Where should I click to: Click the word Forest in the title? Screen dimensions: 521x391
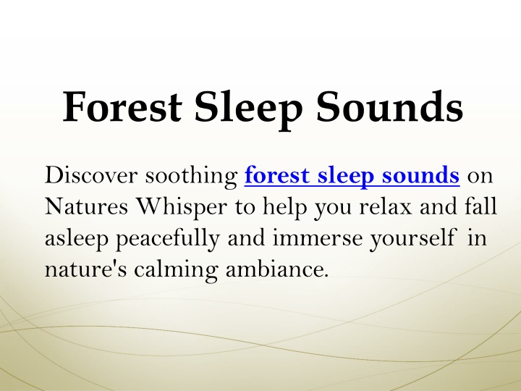(122, 107)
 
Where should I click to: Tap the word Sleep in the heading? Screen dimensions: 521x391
(248, 110)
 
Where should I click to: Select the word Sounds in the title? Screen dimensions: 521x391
(389, 106)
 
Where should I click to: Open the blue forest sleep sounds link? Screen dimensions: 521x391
(352, 175)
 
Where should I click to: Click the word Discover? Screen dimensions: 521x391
(91, 175)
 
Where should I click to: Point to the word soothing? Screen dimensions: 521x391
(191, 176)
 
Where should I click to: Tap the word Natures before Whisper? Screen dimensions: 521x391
(86, 206)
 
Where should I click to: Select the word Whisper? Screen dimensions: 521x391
(182, 208)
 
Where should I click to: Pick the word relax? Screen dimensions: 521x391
(386, 206)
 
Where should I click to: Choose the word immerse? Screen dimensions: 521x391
(318, 238)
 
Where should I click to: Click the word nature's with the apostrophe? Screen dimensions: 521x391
(85, 269)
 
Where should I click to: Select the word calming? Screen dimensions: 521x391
(176, 270)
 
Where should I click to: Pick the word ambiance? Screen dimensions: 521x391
(277, 269)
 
